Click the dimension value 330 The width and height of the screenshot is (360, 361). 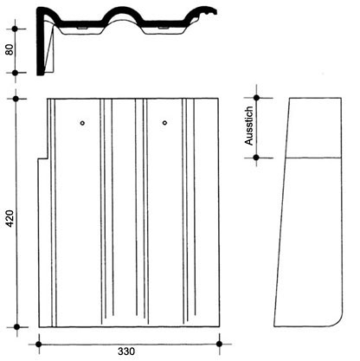[126, 351]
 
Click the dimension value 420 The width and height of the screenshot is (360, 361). [10, 218]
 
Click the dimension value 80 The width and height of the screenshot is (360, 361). [10, 49]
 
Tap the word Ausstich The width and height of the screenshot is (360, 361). [248, 126]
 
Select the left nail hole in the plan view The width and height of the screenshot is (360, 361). [82, 123]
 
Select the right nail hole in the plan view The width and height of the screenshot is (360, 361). [164, 123]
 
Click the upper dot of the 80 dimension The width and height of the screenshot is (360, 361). [15, 29]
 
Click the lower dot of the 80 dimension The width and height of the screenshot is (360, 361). [16, 73]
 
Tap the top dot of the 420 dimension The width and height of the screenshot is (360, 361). [16, 99]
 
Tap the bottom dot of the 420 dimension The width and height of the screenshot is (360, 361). [16, 327]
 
